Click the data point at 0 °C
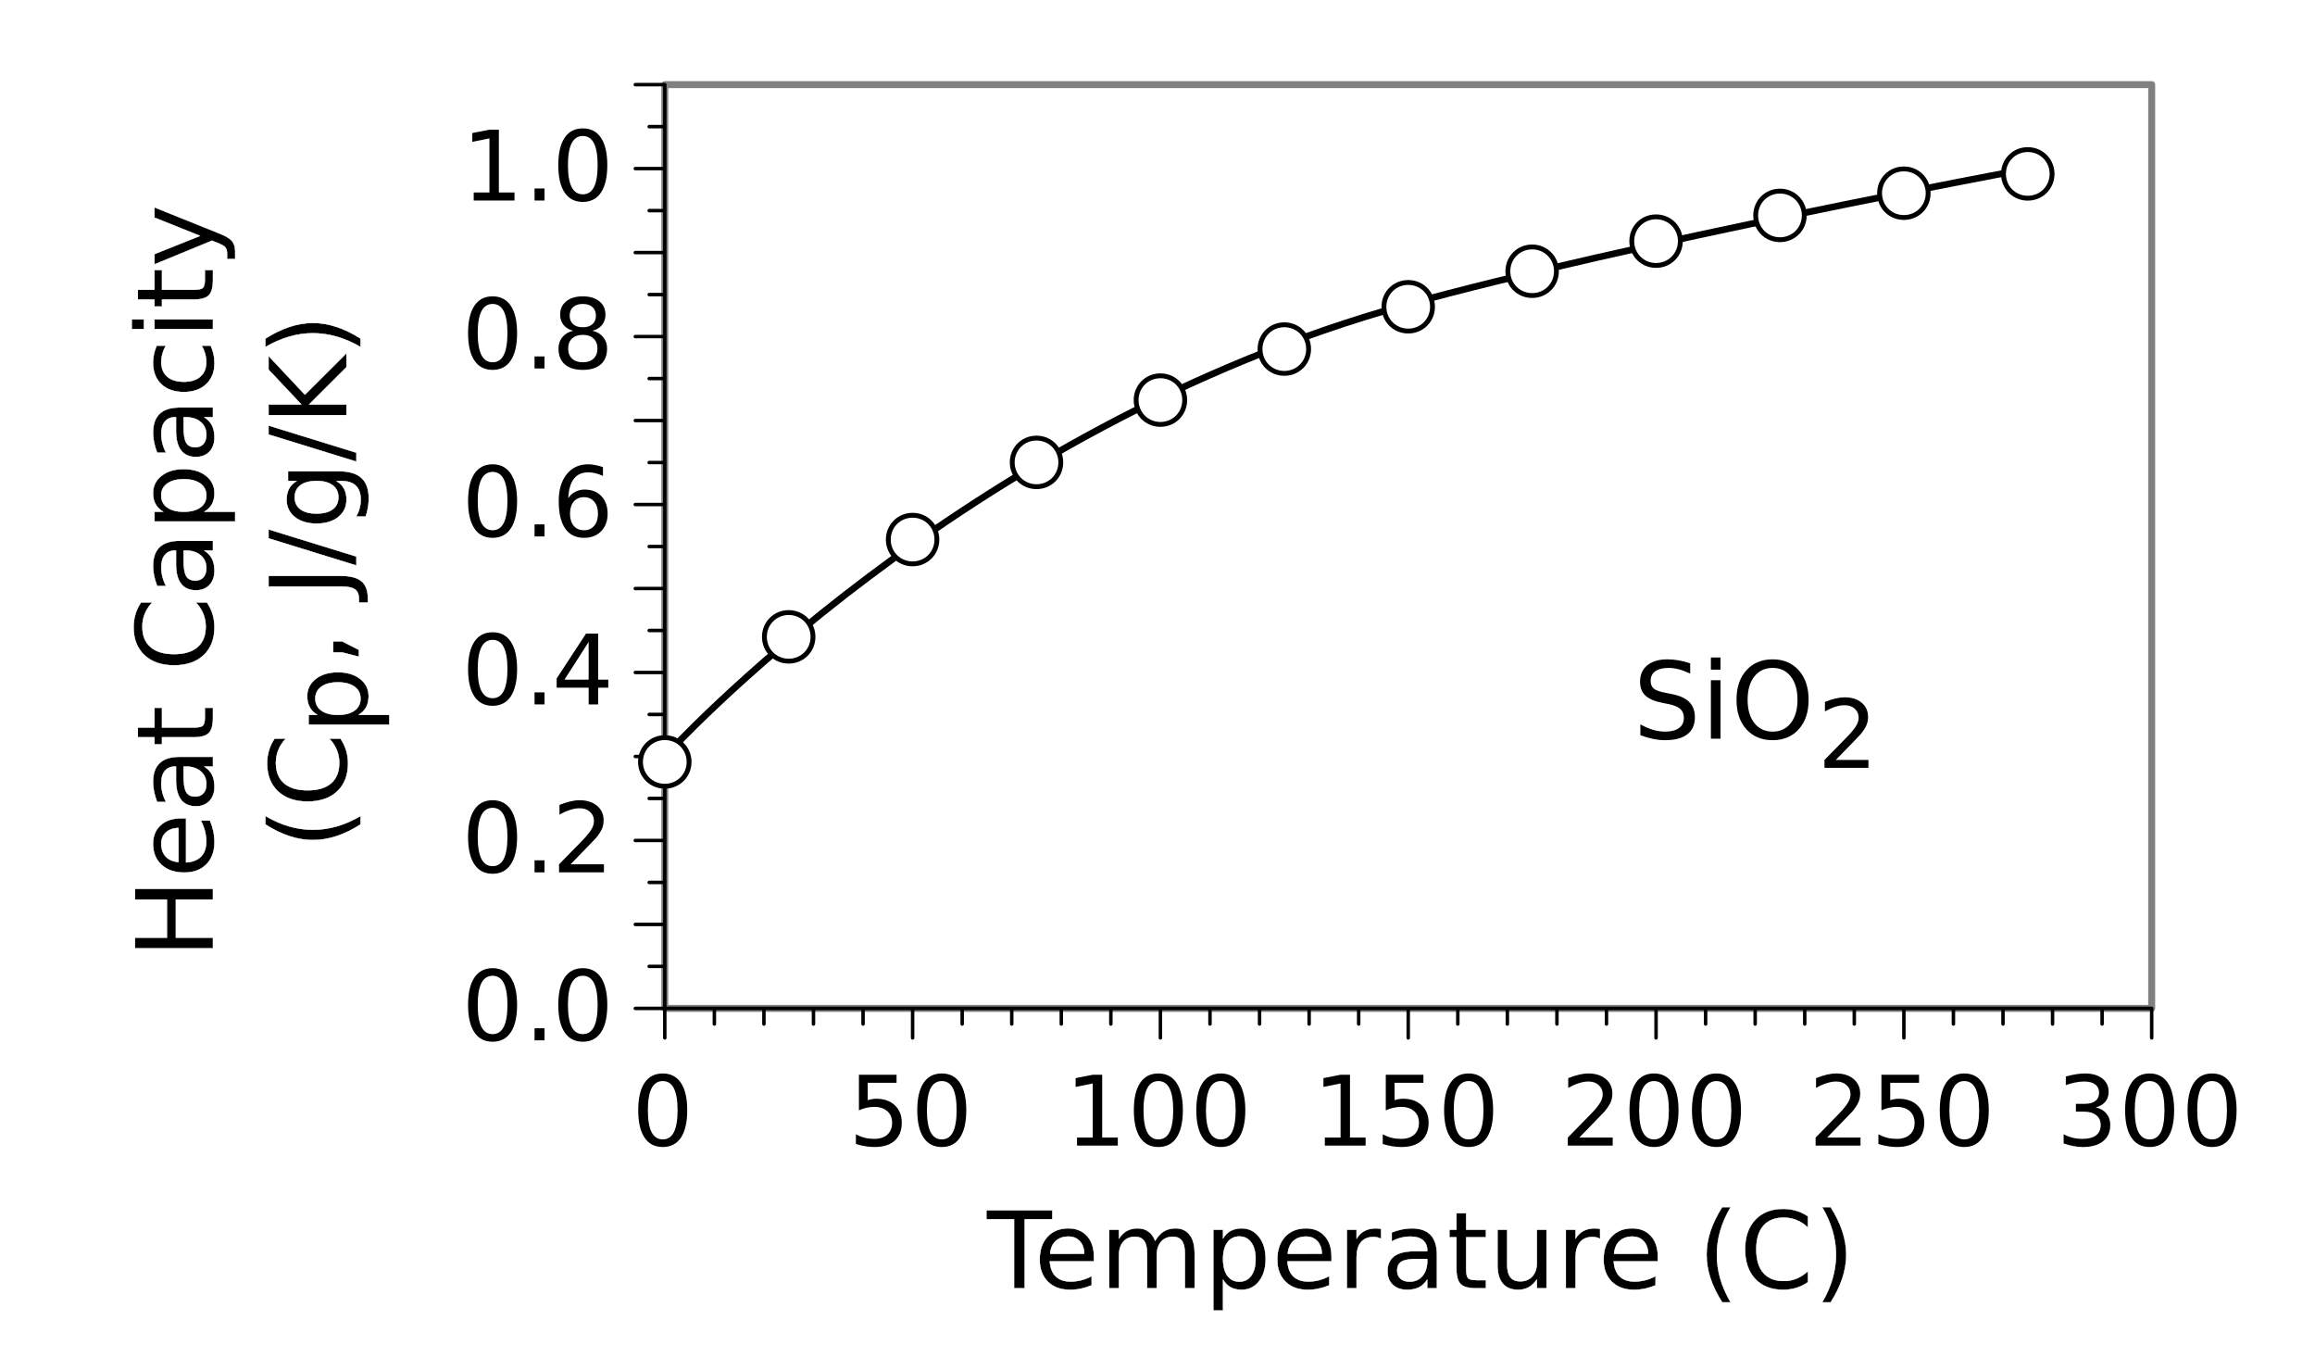coord(665,761)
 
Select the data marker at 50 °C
coord(912,539)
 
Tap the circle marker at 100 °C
coord(1160,400)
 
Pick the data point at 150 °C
coord(1408,306)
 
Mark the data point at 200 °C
coord(1656,242)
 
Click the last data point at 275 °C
coord(2027,173)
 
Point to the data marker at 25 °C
coord(788,636)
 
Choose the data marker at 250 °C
coord(1903,194)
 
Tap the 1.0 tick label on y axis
coord(537,168)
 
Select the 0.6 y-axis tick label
coord(537,504)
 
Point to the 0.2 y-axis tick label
coord(537,840)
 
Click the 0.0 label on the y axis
coord(537,1008)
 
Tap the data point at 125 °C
coord(1283,349)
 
